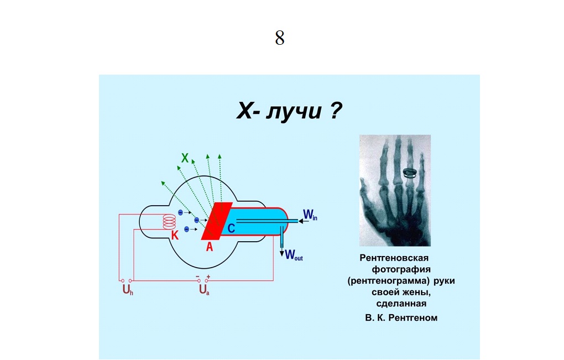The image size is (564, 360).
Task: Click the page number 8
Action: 280,38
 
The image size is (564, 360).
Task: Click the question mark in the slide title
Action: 335,110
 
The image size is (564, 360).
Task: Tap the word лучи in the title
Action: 294,112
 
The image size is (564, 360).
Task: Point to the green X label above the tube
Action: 185,158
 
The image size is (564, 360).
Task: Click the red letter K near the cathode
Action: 174,235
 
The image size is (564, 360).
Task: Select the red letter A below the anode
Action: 210,247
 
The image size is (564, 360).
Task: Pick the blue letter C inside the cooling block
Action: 231,228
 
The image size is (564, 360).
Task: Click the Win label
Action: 310,215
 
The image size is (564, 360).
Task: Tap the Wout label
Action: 294,255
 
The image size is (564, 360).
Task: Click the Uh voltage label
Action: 128,290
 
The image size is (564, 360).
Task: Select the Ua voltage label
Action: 204,290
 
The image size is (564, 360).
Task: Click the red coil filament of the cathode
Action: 169,222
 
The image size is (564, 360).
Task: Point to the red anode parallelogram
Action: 217,221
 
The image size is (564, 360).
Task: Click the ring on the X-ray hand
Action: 410,173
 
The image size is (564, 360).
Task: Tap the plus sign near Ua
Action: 208,276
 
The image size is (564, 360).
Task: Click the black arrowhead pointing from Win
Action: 301,221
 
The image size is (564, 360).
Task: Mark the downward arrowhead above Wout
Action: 282,253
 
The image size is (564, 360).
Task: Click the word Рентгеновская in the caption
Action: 394,258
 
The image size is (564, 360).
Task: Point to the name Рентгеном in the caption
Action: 413,318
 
